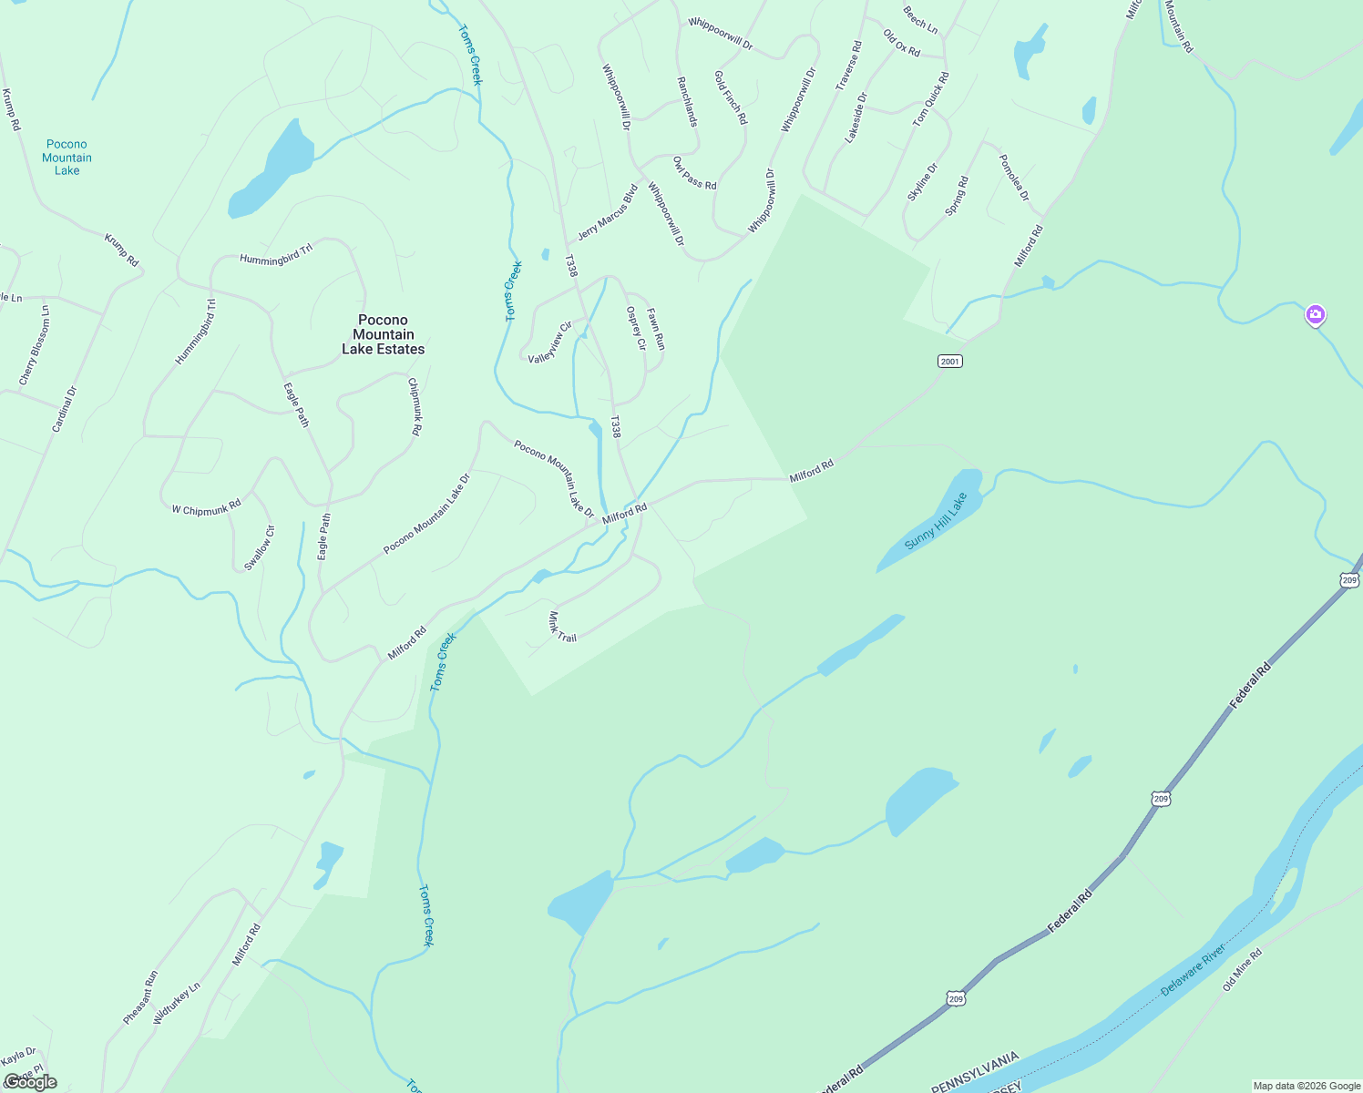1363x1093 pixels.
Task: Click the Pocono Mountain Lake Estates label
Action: click(x=383, y=334)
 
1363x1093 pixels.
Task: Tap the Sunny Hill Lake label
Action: click(x=935, y=522)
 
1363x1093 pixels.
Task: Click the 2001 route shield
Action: click(x=949, y=362)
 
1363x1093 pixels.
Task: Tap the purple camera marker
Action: click(x=1314, y=315)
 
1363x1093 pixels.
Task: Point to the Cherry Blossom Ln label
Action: click(x=35, y=345)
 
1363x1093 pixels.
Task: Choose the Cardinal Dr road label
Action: click(x=64, y=409)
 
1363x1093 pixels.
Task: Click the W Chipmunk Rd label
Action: click(x=206, y=508)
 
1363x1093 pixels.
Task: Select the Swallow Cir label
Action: click(x=259, y=548)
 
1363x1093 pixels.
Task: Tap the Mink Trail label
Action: click(x=562, y=627)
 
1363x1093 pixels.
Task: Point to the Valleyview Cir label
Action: click(x=550, y=342)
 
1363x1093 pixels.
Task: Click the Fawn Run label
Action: click(x=656, y=329)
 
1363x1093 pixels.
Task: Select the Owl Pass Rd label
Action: click(x=694, y=173)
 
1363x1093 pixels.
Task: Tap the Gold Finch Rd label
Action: click(x=731, y=97)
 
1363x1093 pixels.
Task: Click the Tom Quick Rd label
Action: click(x=931, y=98)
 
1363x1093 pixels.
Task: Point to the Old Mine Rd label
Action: click(x=1242, y=969)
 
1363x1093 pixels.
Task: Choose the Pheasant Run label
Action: click(x=140, y=997)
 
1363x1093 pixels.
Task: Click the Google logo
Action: click(x=30, y=1082)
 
